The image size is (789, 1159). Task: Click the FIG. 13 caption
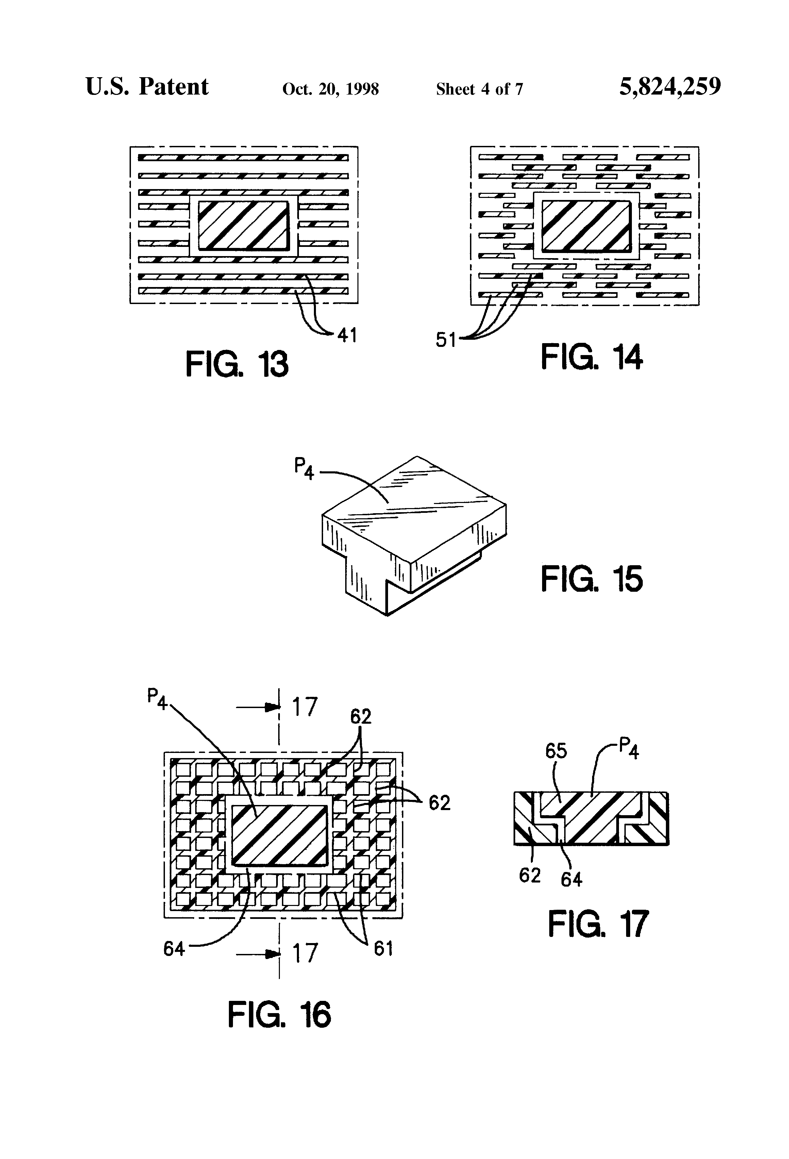[x=237, y=364]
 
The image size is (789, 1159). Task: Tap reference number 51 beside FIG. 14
[x=446, y=340]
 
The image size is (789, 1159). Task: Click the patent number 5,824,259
[x=670, y=87]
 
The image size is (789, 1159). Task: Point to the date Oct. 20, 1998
[x=330, y=89]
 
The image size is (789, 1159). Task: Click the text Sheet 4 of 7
[x=479, y=89]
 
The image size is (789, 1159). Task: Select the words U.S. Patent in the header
[x=147, y=87]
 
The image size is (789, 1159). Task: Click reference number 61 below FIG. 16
[x=383, y=948]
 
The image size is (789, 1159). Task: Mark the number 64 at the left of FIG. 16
[x=174, y=948]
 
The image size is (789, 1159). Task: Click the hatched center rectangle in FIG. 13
[x=244, y=225]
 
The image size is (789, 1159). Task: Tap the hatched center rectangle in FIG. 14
[x=586, y=226]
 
